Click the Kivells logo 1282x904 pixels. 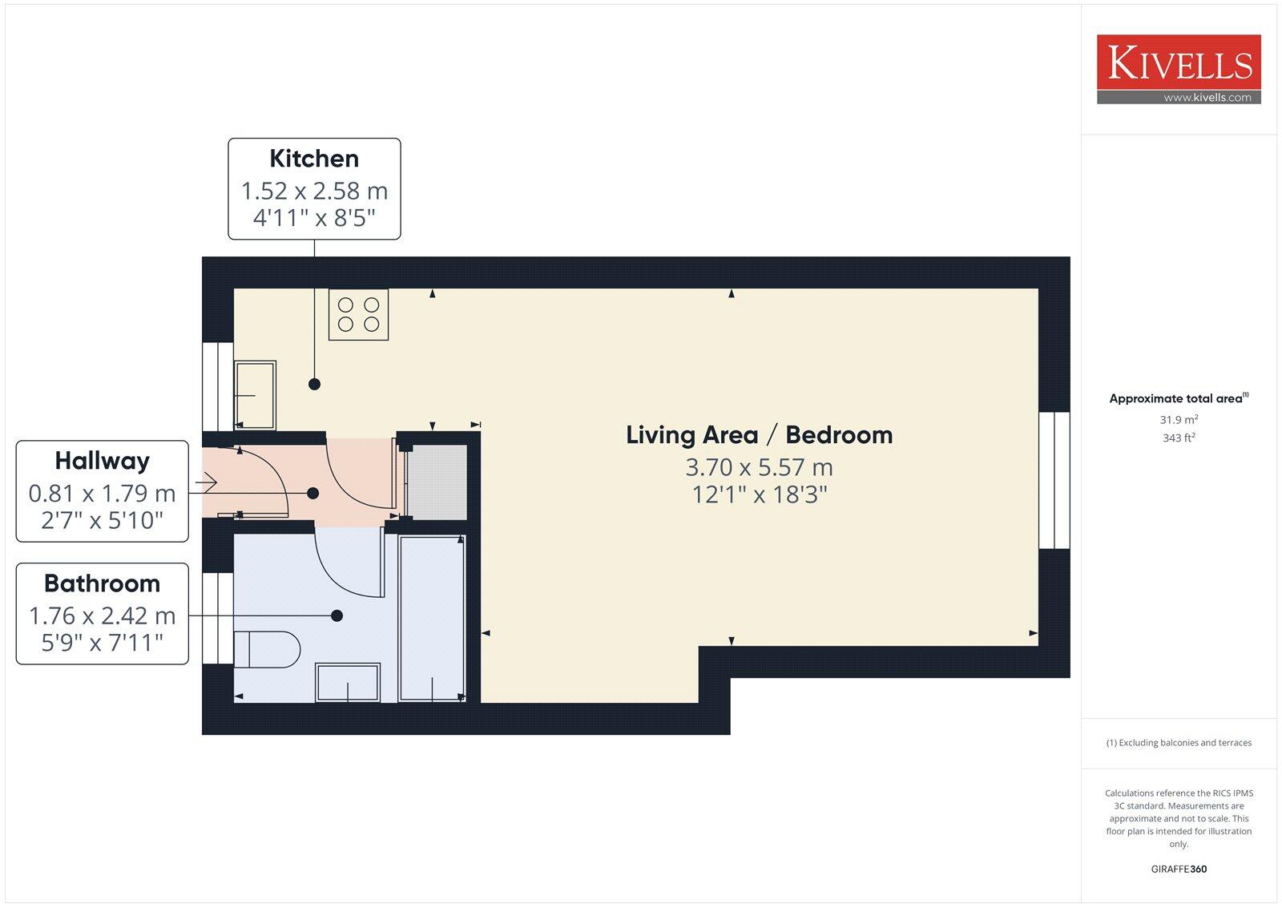[1179, 63]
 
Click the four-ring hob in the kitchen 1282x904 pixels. [358, 314]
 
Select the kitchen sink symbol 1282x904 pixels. [255, 394]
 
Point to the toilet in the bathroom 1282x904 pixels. [268, 649]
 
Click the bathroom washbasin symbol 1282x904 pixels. [348, 682]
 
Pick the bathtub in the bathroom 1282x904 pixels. [432, 618]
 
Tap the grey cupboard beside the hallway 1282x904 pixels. [437, 482]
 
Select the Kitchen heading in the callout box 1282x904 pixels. [314, 159]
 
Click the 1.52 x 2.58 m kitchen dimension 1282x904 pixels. [314, 191]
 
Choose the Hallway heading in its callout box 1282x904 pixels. [102, 461]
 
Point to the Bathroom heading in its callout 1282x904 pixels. [102, 583]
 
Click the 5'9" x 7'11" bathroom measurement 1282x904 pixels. [102, 642]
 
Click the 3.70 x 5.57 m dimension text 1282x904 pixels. [759, 467]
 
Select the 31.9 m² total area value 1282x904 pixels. [1179, 420]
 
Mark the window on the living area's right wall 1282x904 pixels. [1054, 480]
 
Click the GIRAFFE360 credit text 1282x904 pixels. [1179, 869]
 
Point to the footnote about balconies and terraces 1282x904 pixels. [1179, 743]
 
